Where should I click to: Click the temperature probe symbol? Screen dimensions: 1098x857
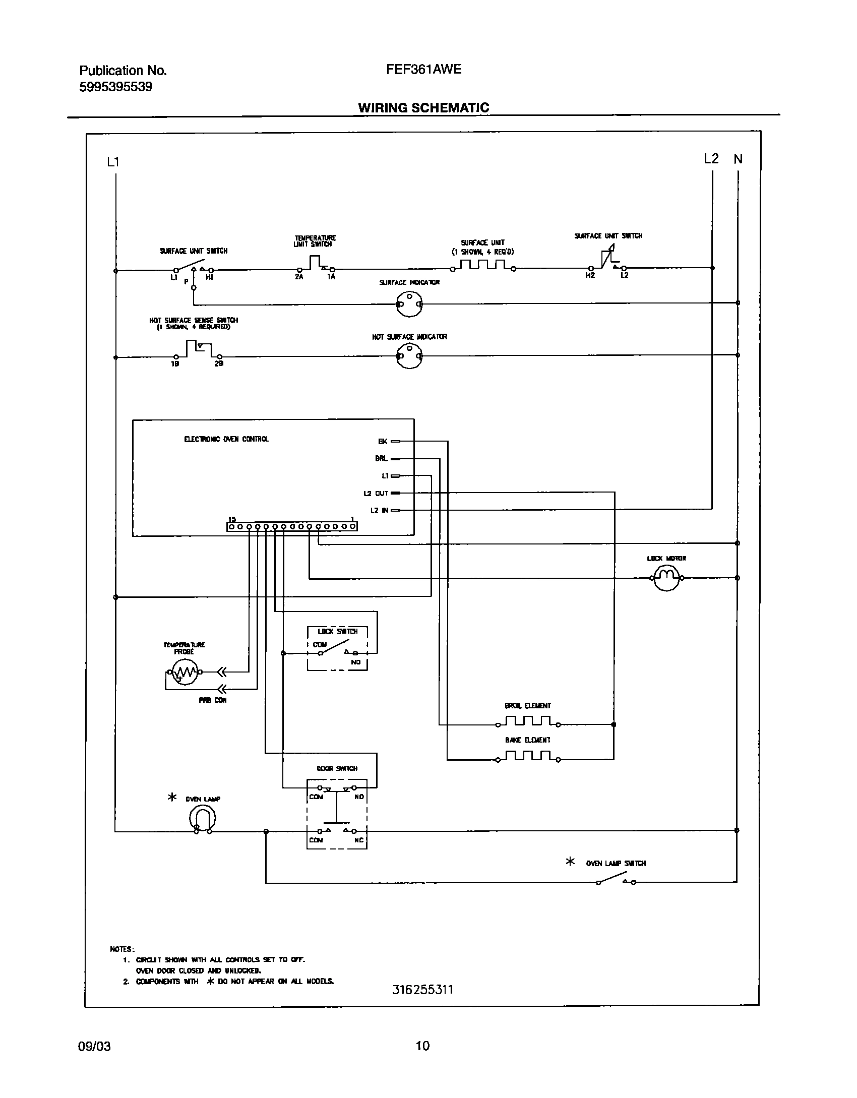click(183, 672)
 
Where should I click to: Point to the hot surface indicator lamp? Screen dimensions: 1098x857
click(409, 356)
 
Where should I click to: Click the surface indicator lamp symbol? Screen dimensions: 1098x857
click(409, 304)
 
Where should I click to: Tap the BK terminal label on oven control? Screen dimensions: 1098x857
click(383, 442)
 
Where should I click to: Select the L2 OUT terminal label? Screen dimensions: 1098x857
click(376, 494)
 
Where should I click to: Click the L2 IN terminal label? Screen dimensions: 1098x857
click(379, 511)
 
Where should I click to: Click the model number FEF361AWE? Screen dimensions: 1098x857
click(423, 69)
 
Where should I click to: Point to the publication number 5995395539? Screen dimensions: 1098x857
click(115, 87)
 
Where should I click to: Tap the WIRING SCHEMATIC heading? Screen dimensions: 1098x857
click(423, 108)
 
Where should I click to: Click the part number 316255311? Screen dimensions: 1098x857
click(423, 990)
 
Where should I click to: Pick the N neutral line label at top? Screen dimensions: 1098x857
click(738, 159)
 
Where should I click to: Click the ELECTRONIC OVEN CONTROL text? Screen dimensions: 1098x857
click(226, 439)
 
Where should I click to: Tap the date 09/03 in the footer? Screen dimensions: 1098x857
click(94, 1046)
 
